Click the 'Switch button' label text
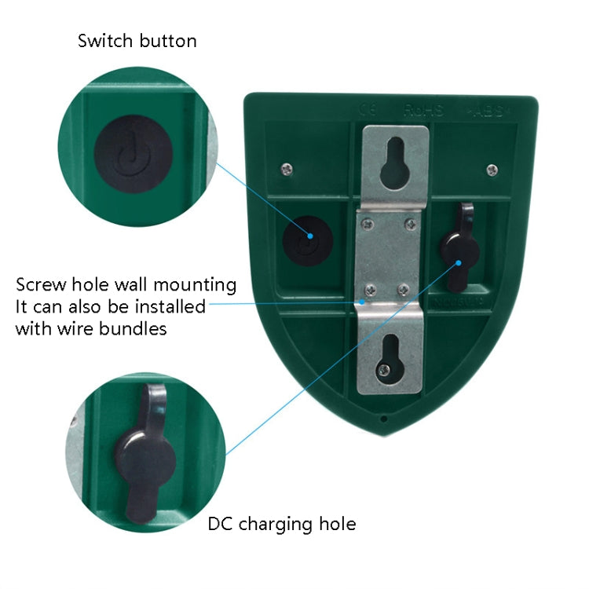click(x=137, y=41)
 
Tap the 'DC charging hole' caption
click(x=282, y=523)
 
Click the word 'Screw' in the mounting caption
click(x=39, y=284)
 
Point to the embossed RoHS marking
click(x=424, y=111)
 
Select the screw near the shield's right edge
click(x=492, y=170)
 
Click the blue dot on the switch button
click(x=309, y=236)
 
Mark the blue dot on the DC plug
click(x=457, y=263)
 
